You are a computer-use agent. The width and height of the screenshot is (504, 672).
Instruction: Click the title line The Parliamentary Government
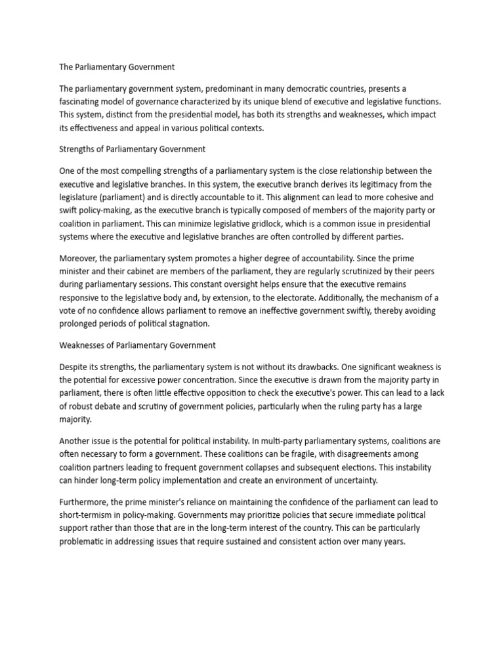pyautogui.click(x=117, y=67)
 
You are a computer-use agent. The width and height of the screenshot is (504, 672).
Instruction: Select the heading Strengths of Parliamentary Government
pyautogui.click(x=132, y=149)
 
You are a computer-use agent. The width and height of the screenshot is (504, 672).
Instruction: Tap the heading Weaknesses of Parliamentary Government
pyautogui.click(x=137, y=345)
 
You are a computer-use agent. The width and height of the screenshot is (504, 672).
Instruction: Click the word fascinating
pyautogui.click(x=83, y=102)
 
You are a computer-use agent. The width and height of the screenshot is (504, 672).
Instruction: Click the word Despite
pyautogui.click(x=73, y=367)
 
